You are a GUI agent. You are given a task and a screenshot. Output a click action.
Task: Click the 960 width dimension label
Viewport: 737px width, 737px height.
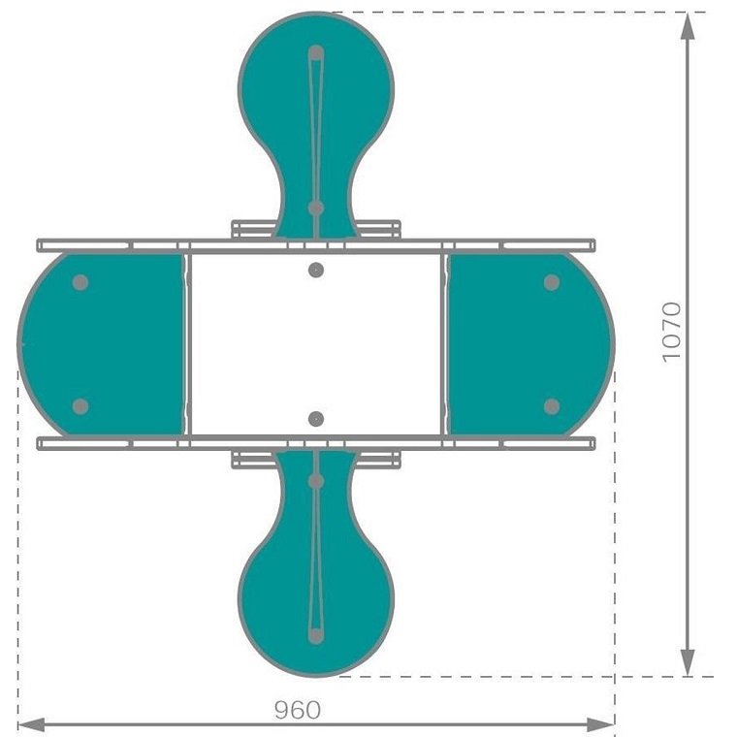coord(298,710)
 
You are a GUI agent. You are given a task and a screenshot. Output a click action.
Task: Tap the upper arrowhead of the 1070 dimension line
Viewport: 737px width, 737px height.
coord(688,26)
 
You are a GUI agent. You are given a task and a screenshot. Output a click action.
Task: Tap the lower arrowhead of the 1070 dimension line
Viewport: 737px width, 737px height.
coord(688,662)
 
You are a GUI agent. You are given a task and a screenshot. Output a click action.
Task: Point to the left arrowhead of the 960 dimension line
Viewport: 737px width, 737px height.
coord(32,724)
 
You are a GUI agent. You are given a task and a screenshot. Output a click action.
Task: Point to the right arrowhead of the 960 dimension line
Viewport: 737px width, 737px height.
coord(600,724)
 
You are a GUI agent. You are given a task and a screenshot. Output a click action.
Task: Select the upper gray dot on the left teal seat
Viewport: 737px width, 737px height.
coord(80,282)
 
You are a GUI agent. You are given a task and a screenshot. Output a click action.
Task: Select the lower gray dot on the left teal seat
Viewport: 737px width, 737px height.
coord(80,406)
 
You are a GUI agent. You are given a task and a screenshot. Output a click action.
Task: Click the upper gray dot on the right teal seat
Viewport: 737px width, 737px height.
coord(552,282)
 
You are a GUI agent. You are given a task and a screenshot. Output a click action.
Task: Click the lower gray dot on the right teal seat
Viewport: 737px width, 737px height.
coord(552,406)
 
